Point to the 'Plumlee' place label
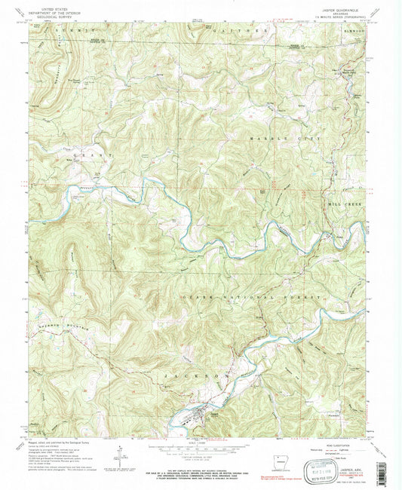pos(328,413)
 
